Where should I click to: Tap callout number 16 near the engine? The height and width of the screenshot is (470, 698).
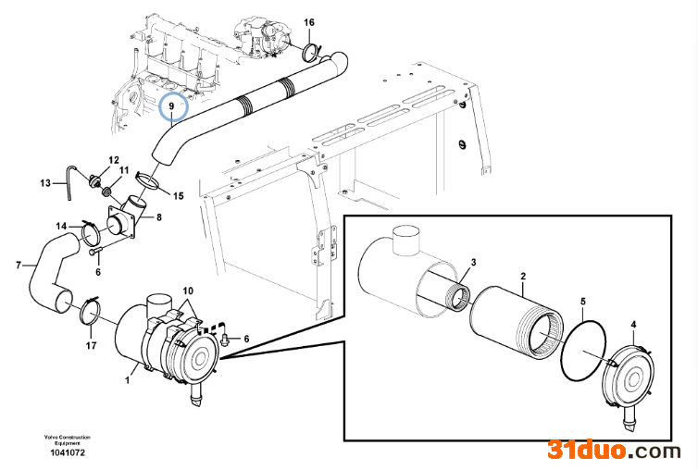point(309,21)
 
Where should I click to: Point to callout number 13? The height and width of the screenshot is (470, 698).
point(45,182)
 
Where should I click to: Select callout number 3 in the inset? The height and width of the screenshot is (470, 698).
point(471,263)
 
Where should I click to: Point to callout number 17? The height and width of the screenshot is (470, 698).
point(91,346)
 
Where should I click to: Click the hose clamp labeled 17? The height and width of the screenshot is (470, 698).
point(91,309)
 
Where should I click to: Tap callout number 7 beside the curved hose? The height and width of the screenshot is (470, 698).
point(19,266)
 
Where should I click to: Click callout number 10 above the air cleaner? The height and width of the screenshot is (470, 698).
point(188,291)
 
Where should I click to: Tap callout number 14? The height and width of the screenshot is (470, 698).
point(60,226)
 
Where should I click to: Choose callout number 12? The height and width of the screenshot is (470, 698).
point(114,160)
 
